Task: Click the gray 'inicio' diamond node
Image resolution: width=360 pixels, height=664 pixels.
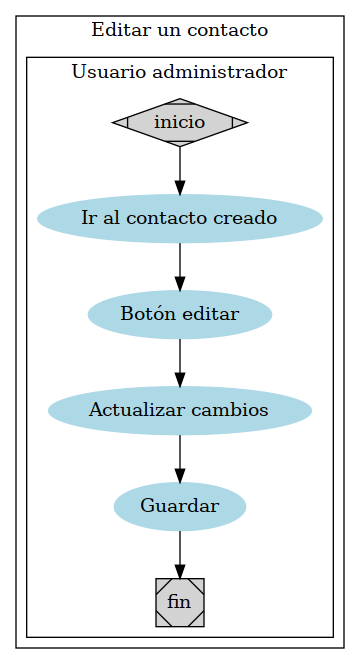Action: pyautogui.click(x=180, y=122)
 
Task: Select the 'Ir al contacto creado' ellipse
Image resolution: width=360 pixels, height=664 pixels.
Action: pyautogui.click(x=180, y=218)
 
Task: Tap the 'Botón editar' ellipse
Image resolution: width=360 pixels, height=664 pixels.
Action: pyautogui.click(x=180, y=314)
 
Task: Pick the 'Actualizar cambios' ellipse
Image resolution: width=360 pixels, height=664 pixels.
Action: pyautogui.click(x=180, y=410)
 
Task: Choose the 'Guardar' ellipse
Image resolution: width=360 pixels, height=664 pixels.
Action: pyautogui.click(x=180, y=506)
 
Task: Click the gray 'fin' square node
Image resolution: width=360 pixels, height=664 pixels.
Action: pyautogui.click(x=180, y=602)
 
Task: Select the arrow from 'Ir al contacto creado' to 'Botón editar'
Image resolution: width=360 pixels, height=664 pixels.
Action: pyautogui.click(x=180, y=266)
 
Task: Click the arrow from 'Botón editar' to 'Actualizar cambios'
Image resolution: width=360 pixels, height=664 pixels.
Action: pyautogui.click(x=180, y=362)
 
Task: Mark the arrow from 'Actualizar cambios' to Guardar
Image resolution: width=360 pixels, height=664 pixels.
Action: pyautogui.click(x=180, y=458)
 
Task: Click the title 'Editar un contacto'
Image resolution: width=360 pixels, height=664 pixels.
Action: pyautogui.click(x=180, y=30)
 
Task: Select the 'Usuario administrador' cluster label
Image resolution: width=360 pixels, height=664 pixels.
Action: pyautogui.click(x=180, y=72)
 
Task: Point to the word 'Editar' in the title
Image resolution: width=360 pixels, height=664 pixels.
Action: pyautogui.click(x=116, y=30)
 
